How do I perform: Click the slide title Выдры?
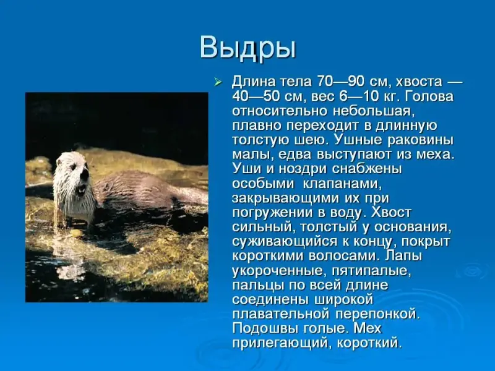tap(248, 49)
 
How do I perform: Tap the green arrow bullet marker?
tap(218, 82)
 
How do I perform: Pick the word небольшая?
tap(372, 111)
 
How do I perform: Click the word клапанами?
tap(342, 184)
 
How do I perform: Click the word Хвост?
tap(391, 212)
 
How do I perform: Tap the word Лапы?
tap(403, 256)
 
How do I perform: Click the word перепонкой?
tap(377, 315)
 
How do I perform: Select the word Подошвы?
tap(265, 328)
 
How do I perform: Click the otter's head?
tap(72, 172)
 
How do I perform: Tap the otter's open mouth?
tap(82, 190)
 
